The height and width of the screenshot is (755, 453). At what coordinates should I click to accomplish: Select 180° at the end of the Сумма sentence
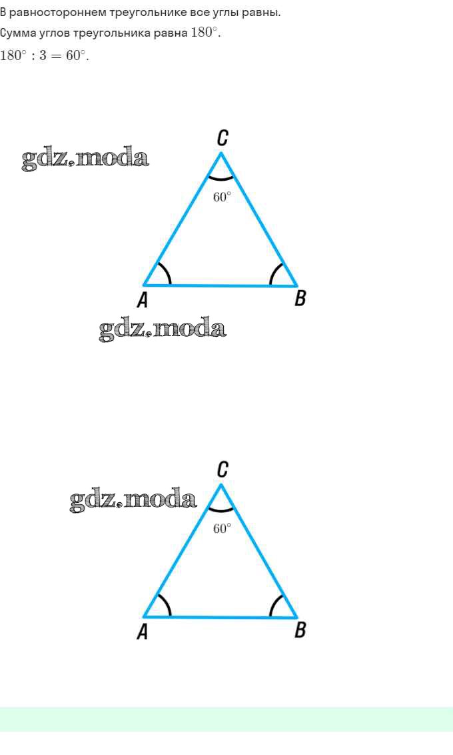tap(205, 33)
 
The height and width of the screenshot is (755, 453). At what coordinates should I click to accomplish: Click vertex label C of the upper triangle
tap(223, 138)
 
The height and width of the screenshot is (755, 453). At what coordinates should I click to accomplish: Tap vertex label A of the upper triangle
tap(142, 300)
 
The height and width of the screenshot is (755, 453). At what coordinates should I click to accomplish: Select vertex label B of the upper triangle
tap(300, 298)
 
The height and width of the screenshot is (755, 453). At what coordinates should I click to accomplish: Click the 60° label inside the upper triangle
tap(222, 197)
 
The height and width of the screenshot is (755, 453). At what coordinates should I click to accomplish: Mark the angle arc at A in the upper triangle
tap(167, 273)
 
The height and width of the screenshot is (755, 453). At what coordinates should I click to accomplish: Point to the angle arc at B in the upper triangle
tap(274, 273)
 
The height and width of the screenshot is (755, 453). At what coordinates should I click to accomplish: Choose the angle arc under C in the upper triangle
tap(221, 179)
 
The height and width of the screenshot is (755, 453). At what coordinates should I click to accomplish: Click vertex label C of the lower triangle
tap(223, 470)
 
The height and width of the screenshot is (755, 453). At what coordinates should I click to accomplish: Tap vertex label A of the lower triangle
tap(142, 632)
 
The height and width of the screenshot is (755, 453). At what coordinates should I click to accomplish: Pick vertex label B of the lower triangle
tap(300, 630)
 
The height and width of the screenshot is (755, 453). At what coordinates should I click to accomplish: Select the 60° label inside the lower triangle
tap(222, 528)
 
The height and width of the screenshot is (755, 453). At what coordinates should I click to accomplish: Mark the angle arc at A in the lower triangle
tap(167, 604)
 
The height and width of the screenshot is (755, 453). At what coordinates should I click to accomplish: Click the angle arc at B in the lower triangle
tap(274, 605)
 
